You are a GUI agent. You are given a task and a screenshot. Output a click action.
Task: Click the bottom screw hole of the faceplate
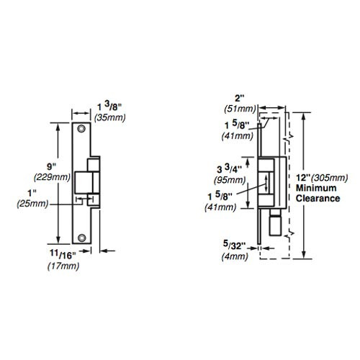84,235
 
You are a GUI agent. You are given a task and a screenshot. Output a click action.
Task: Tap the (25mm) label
31,204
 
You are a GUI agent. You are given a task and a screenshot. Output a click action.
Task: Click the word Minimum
314,188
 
